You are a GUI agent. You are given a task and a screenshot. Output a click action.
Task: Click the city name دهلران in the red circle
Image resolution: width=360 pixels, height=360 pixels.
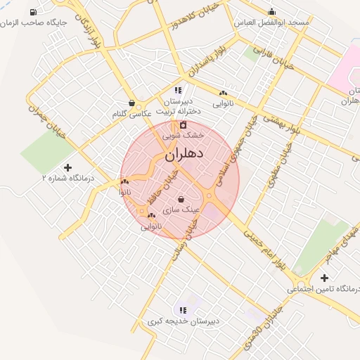point(184,154)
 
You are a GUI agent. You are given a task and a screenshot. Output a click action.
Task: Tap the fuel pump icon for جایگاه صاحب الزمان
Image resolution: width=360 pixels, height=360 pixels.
point(33,13)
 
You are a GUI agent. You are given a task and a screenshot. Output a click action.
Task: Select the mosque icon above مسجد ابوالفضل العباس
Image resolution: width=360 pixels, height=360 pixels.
point(272,11)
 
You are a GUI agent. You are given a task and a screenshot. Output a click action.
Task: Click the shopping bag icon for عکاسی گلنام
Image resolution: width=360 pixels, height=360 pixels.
point(131,103)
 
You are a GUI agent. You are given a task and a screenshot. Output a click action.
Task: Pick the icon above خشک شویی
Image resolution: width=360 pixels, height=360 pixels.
point(183,125)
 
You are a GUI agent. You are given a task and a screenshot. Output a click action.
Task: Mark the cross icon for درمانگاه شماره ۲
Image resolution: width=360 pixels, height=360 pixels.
point(67,167)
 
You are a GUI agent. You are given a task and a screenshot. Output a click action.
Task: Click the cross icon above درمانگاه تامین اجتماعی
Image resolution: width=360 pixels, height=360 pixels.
point(324,278)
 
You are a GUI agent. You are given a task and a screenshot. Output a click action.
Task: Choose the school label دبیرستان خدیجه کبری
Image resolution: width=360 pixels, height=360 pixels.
point(184,321)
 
